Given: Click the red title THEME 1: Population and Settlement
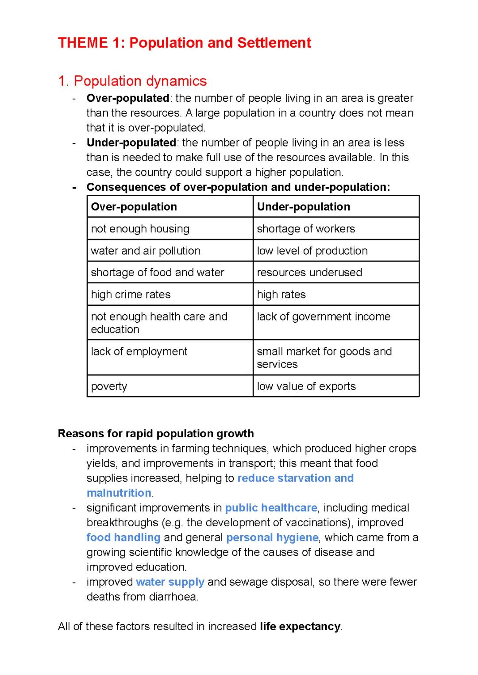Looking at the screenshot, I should tap(185, 43).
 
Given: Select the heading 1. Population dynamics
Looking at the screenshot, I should tap(132, 81).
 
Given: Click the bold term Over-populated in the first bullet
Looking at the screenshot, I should tap(128, 98).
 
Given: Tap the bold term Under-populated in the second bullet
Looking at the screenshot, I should tap(131, 143).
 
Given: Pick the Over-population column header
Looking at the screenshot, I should tap(134, 207).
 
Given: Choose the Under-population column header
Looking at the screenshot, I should tap(303, 207).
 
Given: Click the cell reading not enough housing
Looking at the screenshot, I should tap(140, 229).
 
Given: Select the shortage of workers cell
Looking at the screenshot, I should tap(306, 229).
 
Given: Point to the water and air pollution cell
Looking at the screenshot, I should tap(146, 251).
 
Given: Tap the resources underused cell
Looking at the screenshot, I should tap(309, 273).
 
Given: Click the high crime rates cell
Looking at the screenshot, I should tap(131, 295).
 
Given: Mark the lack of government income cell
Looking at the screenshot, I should tap(324, 317).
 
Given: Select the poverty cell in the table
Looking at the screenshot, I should tap(109, 386).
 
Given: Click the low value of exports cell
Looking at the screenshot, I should tap(306, 386).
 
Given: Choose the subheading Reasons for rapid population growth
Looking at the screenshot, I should tap(156, 433).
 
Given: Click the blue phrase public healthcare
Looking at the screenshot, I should tap(271, 508).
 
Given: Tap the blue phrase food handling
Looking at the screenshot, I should tap(123, 537).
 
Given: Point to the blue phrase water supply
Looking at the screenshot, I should tap(170, 582).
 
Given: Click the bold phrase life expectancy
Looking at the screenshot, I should tap(300, 626).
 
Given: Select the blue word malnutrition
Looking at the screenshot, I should tap(119, 493).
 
